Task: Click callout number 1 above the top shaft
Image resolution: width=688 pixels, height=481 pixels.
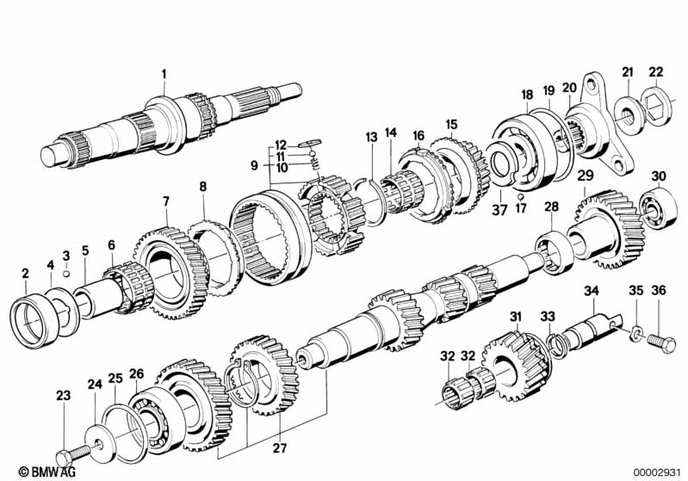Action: (x=164, y=73)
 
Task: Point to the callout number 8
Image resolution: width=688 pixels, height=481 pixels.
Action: (x=203, y=186)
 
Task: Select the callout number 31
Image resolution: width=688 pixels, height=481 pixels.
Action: (x=515, y=318)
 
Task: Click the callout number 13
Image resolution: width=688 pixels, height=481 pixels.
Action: (x=371, y=138)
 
